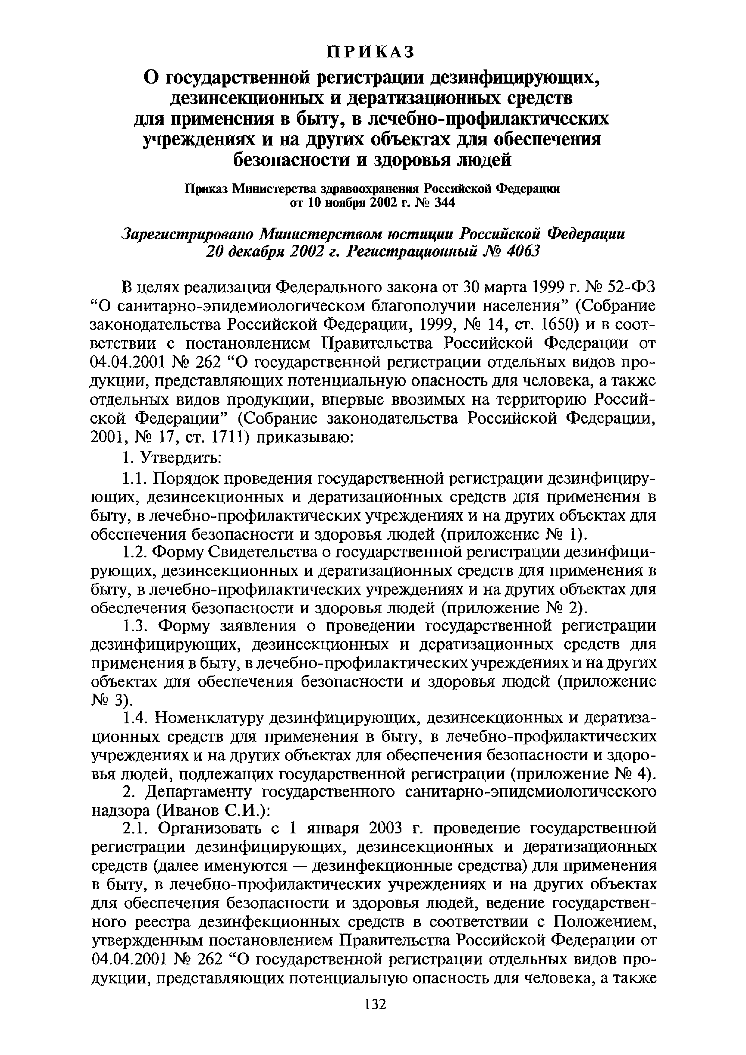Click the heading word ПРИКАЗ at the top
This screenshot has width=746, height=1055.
[370, 52]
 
